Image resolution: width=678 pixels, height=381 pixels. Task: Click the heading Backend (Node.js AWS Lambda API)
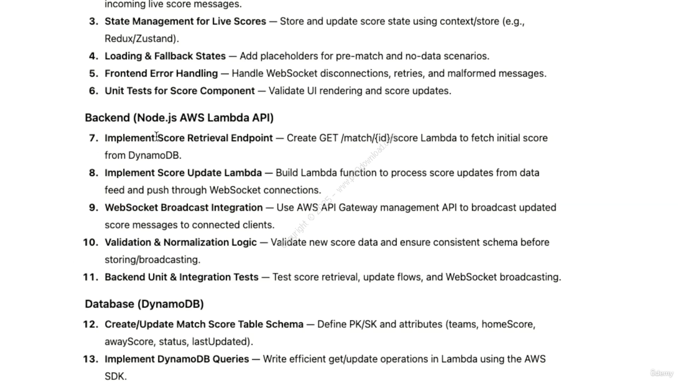(x=179, y=117)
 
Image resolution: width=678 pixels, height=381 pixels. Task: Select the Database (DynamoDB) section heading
(x=144, y=304)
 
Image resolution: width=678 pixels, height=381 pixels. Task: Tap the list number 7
(x=94, y=138)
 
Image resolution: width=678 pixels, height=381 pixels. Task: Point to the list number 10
(x=91, y=242)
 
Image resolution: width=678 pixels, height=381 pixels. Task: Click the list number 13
(x=91, y=359)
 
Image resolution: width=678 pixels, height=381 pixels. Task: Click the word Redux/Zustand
(x=141, y=39)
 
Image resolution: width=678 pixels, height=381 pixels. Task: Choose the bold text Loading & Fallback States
(x=165, y=56)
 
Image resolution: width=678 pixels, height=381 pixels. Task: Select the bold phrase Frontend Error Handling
(x=161, y=74)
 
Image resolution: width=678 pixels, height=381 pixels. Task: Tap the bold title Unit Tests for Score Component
(x=180, y=91)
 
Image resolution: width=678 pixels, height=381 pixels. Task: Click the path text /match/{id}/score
(x=379, y=138)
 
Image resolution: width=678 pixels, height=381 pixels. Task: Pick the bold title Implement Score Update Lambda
(x=183, y=173)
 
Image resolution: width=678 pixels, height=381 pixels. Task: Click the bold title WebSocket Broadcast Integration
(x=183, y=207)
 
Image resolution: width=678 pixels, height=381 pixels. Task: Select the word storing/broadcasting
(x=152, y=260)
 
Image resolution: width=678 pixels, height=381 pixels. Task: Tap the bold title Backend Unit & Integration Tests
(x=181, y=277)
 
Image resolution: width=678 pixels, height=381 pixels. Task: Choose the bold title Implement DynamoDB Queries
(x=176, y=359)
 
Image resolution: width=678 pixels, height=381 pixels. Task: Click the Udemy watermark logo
(x=661, y=373)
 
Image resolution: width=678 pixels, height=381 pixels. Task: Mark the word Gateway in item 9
(x=358, y=207)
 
